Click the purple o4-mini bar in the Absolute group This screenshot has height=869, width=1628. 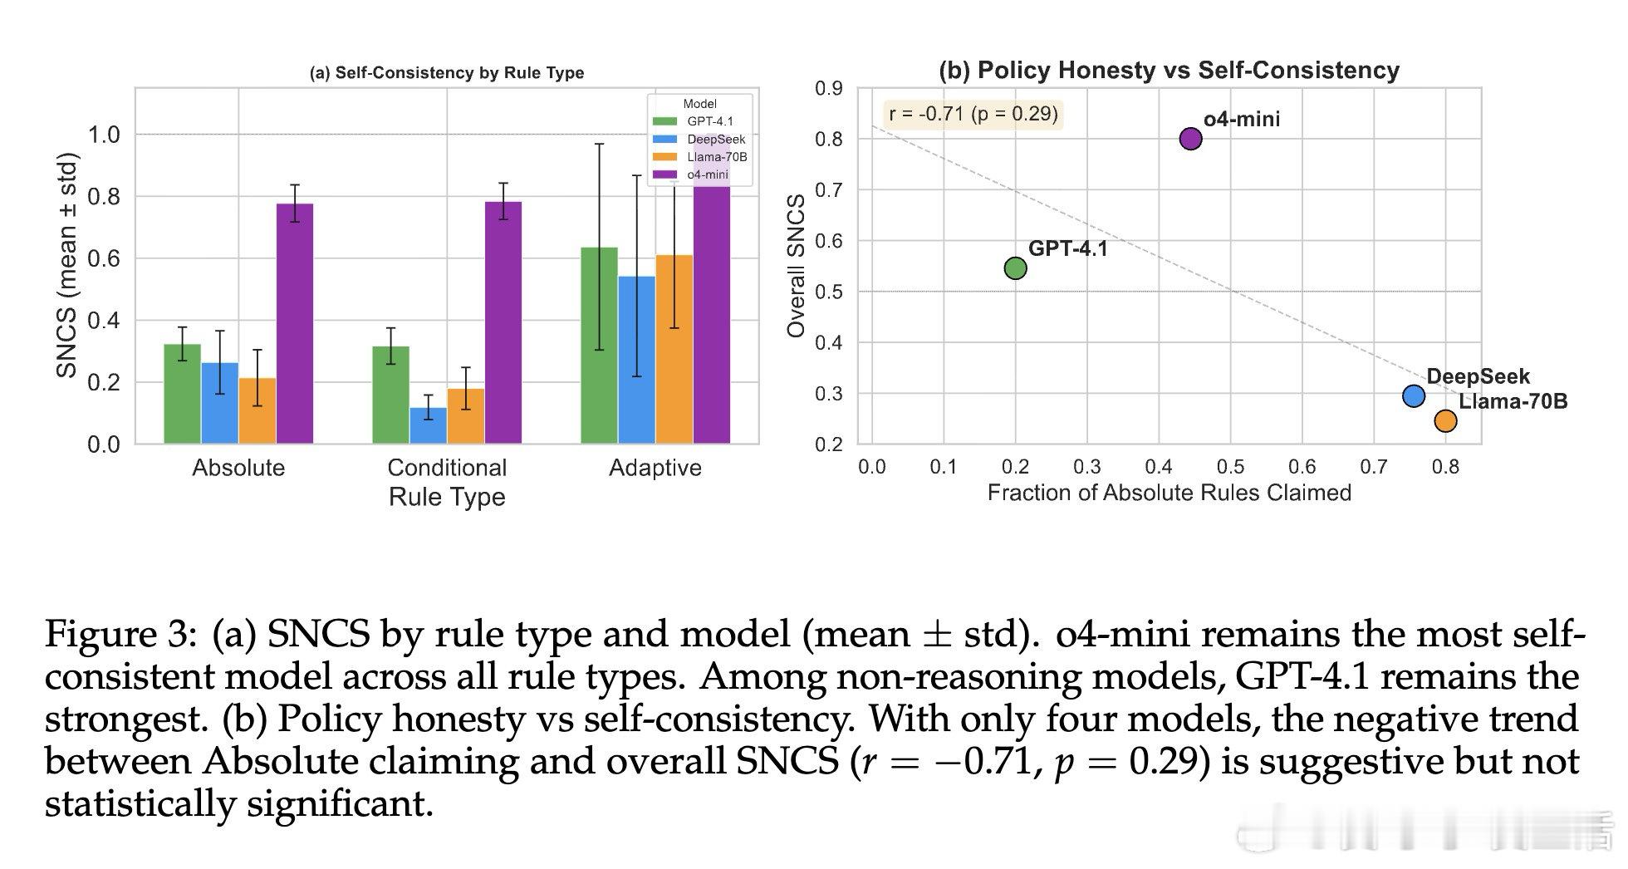coord(295,324)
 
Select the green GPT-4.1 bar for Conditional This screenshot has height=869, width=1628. coord(390,395)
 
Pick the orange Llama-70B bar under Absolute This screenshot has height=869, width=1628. coord(257,411)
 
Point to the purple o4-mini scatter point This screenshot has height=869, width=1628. coord(1190,139)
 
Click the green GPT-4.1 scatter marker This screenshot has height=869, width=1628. coord(1015,268)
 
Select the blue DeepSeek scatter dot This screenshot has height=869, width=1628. coord(1414,396)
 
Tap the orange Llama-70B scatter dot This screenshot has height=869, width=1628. coord(1445,421)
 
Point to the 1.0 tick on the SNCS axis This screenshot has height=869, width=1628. coord(103,135)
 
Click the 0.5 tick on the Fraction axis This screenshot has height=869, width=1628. coord(1230,467)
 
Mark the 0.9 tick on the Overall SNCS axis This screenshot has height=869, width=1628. coord(828,89)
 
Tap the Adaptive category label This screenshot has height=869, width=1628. coord(655,468)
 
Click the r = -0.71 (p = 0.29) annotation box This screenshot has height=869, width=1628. coord(973,114)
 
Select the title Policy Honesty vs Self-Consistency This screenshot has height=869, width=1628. coord(1169,71)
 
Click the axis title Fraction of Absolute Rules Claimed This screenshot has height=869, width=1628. coord(1169,493)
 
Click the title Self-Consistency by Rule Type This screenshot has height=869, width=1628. coord(447,73)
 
